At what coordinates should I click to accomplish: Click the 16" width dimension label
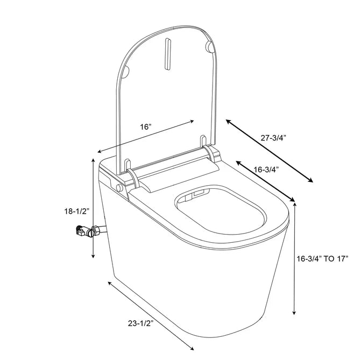(x=145, y=127)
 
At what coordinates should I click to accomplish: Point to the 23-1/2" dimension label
(x=142, y=323)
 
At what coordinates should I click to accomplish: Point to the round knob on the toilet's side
(x=118, y=188)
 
